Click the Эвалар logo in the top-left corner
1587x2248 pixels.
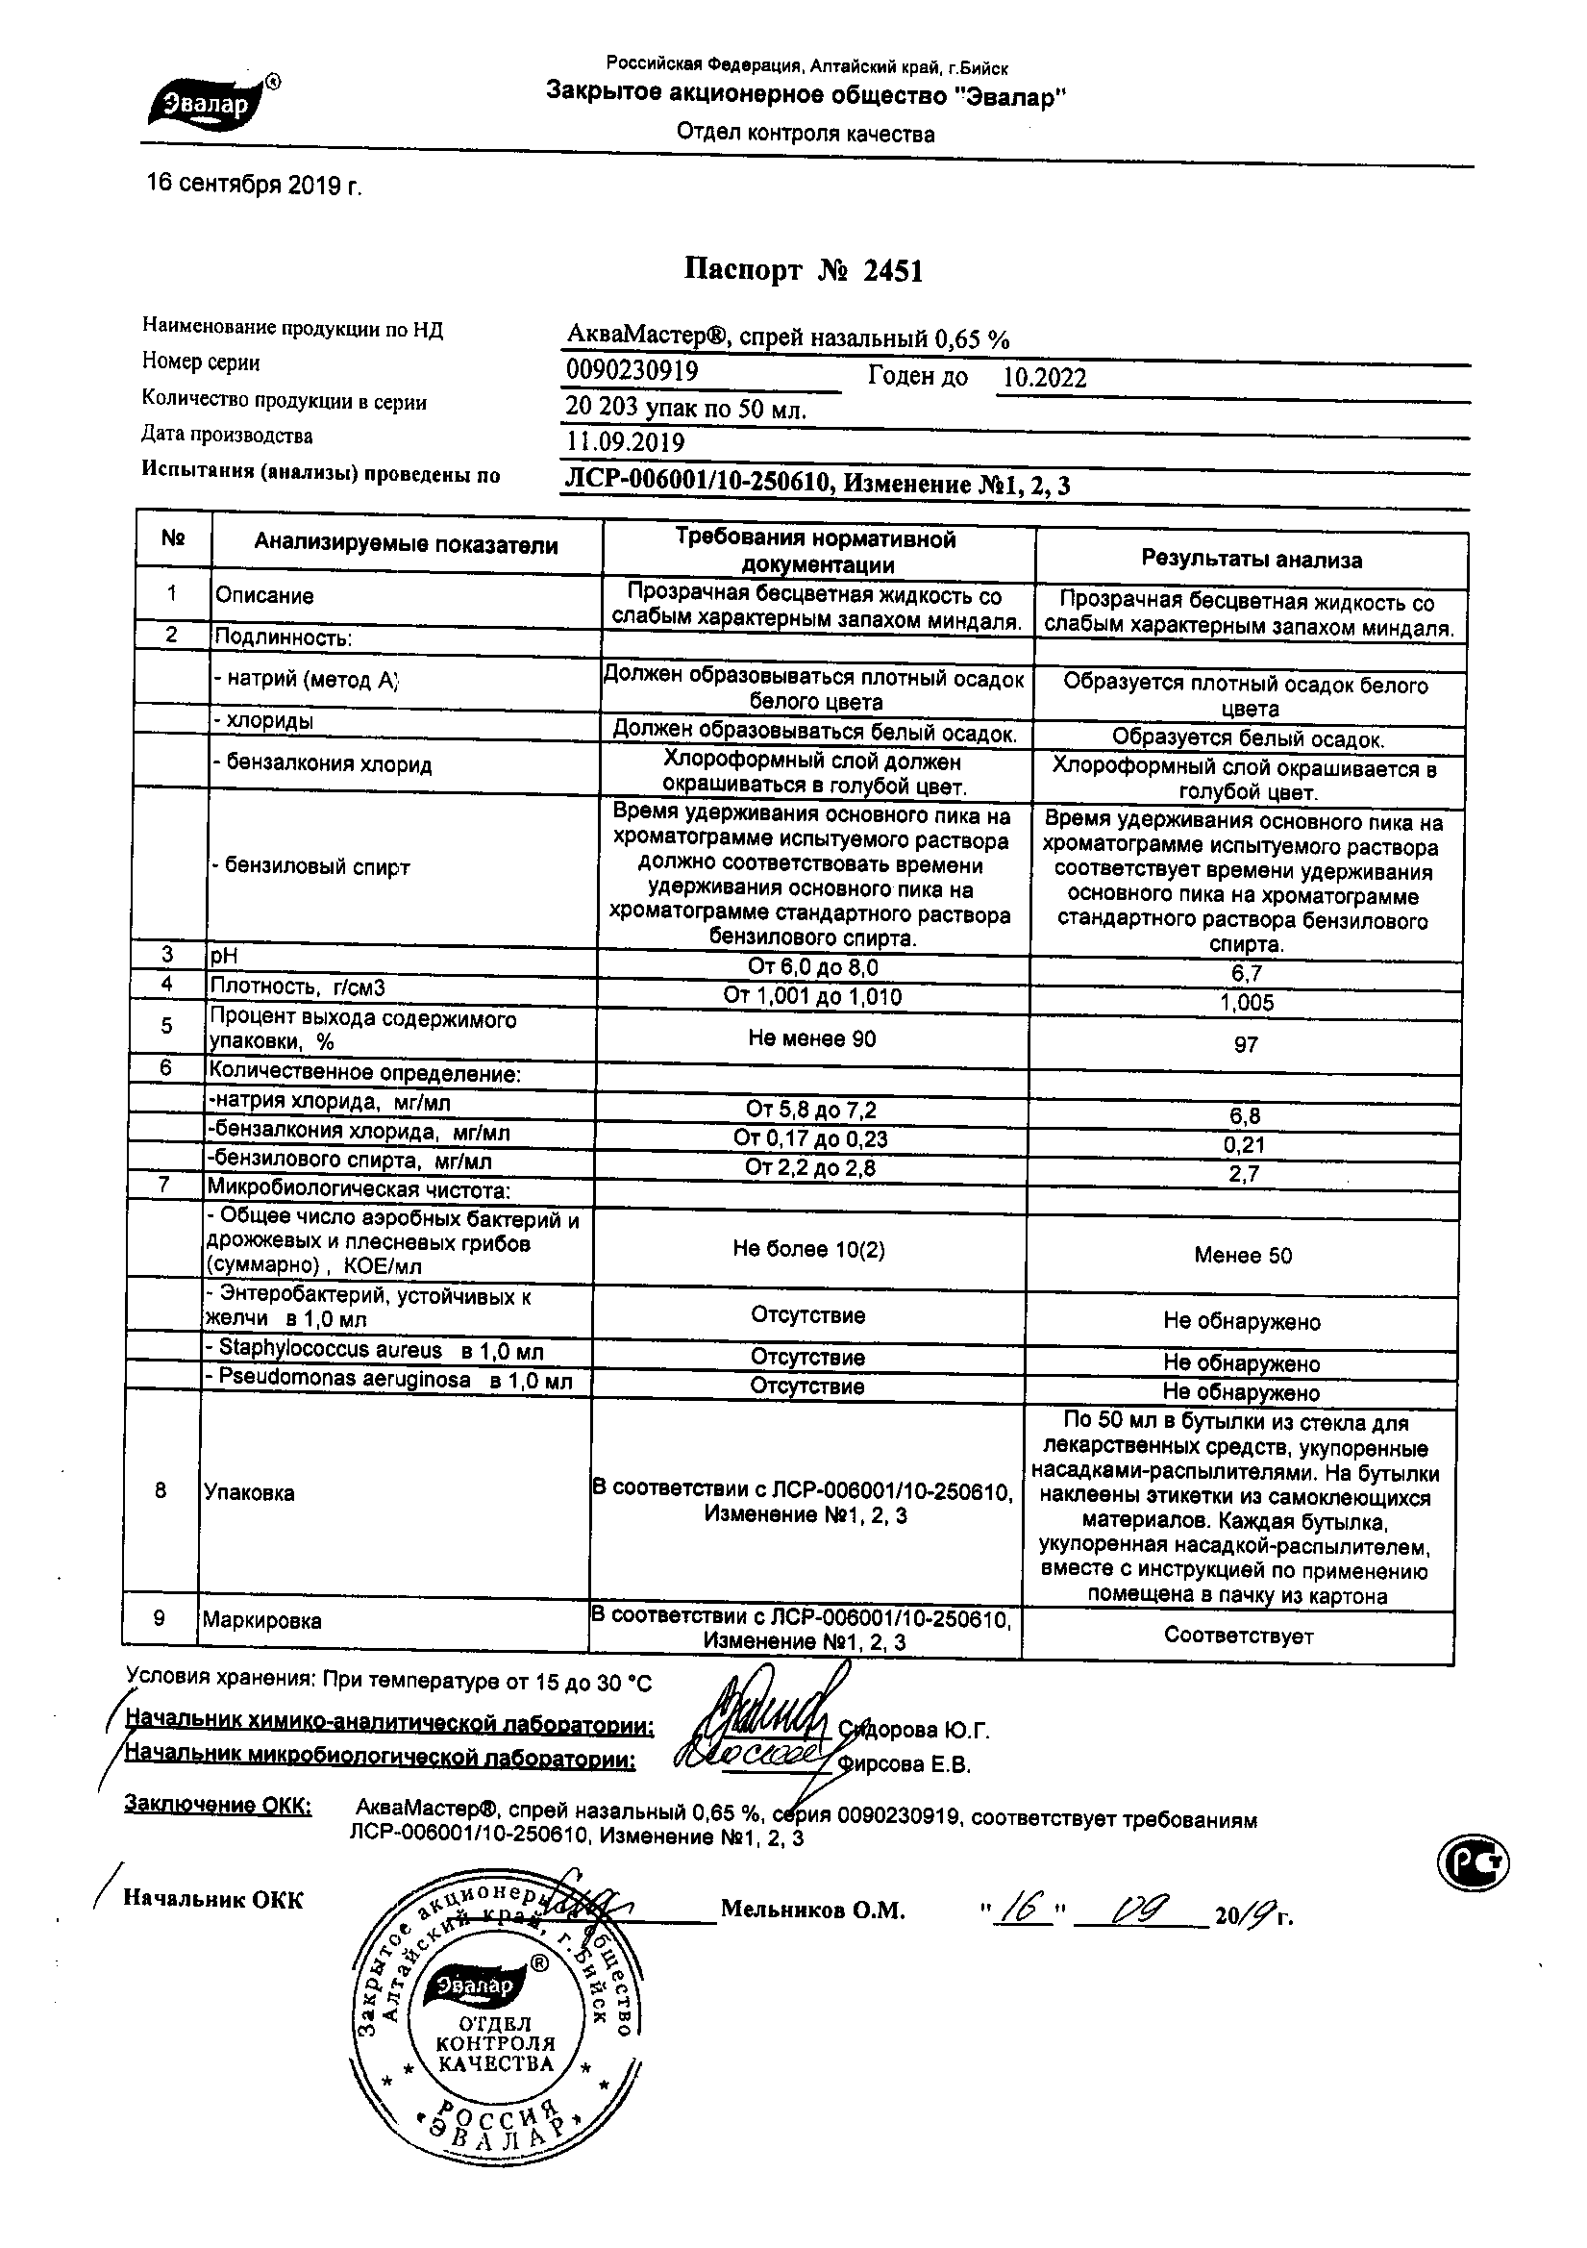coord(211,103)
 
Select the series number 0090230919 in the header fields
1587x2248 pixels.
coord(632,370)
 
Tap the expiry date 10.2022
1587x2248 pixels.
coord(1045,379)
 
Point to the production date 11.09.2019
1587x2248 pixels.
coord(626,442)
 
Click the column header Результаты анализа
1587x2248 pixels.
coord(1252,560)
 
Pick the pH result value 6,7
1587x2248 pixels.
coord(1248,973)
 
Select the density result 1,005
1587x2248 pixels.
coord(1247,1003)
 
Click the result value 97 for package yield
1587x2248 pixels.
coord(1246,1045)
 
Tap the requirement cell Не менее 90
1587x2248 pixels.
coord(811,1038)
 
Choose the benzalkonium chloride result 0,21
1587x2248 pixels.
coord(1246,1144)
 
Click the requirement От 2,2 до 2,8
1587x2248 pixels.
coord(810,1167)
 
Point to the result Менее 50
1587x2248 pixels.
coord(1242,1255)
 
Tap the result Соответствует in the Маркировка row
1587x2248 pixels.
coord(1238,1636)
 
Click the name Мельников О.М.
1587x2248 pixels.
coord(812,1910)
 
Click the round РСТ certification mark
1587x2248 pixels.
coord(1474,1866)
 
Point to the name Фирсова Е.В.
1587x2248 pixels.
coord(905,1764)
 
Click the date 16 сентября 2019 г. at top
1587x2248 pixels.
coord(254,184)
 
